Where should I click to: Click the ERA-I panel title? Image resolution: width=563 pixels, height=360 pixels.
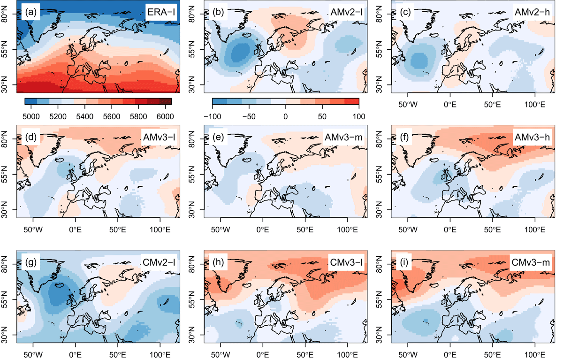coord(161,12)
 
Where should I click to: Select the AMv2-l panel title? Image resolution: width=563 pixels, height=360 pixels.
coord(346,12)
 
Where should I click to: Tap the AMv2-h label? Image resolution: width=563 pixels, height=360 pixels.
coord(532,12)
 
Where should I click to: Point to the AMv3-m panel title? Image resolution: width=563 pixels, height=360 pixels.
coord(343,137)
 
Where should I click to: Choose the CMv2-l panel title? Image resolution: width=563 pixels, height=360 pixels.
coord(159,262)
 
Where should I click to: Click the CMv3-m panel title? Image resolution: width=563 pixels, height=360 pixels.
coord(531,262)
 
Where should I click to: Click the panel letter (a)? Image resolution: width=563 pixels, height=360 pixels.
coord(30,12)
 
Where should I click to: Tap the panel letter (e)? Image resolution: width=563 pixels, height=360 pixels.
coord(218,137)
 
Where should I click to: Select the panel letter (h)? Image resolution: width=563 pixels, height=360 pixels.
coord(218,262)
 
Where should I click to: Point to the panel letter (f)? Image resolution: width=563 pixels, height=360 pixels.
coord(404,137)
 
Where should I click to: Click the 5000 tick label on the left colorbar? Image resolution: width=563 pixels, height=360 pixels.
coord(31,117)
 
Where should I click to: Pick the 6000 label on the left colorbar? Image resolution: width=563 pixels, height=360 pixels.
coord(165,117)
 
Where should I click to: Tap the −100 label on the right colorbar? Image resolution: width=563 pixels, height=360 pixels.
coord(213,117)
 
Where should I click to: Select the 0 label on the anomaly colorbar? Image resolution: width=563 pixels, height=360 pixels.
coord(286,117)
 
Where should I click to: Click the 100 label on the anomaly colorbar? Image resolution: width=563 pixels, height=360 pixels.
coord(358,117)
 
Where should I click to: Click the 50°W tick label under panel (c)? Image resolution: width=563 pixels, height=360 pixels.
coord(408,104)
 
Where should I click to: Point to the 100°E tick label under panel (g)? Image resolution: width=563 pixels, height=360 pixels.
coord(160,355)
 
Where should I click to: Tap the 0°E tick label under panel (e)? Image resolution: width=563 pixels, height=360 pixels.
coord(263,230)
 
